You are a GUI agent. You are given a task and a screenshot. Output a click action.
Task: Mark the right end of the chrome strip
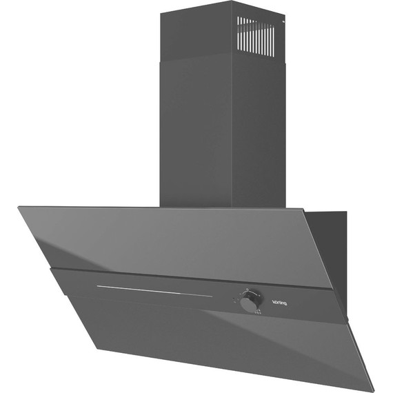[212, 296]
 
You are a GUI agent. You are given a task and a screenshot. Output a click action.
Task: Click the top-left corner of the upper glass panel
[19, 207]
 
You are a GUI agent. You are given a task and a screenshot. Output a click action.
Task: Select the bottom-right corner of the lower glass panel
[373, 390]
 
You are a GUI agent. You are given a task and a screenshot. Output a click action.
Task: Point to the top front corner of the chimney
[232, 2]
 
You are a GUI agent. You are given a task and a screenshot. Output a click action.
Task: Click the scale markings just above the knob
[250, 290]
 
